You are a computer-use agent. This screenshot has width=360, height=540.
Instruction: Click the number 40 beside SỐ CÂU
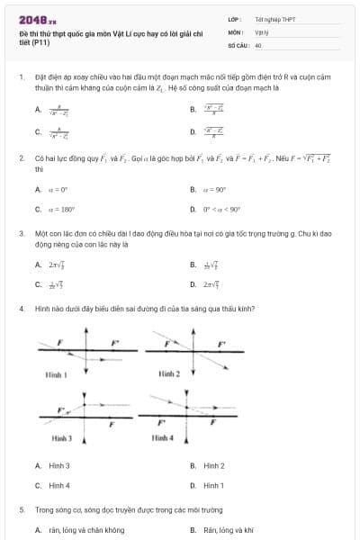coord(258,44)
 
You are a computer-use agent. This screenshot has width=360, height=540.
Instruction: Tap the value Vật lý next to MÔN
coord(261,31)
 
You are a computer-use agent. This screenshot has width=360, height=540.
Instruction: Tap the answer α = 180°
coord(61,210)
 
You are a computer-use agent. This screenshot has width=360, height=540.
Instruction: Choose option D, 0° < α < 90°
coord(222,210)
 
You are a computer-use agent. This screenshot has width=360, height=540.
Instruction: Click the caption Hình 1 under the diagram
coord(56,372)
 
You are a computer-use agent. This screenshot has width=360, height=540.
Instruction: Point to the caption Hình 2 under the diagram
coord(169,373)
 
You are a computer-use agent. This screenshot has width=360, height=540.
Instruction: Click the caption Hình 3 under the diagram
coord(62,437)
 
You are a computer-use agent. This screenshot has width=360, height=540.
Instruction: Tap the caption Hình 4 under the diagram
coord(162,437)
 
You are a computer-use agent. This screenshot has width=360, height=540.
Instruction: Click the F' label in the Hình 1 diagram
coord(114,343)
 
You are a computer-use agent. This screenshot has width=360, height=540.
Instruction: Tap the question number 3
coord(21,233)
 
